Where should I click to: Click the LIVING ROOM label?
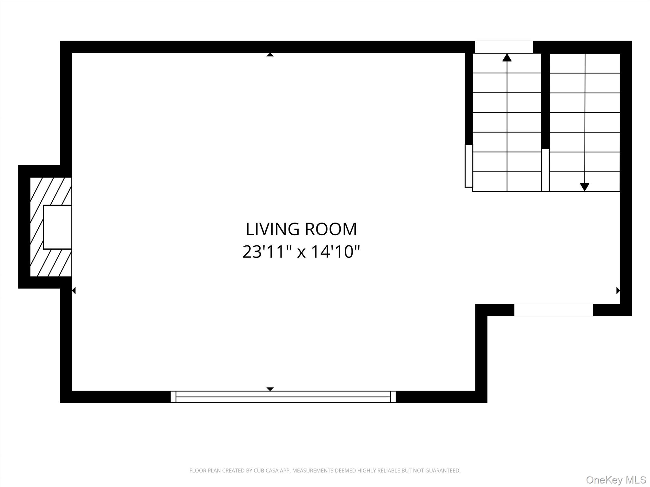coord(301,229)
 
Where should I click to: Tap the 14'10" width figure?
coord(335,252)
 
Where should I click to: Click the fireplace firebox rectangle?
coord(57,227)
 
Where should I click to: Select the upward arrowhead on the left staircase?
coord(507,57)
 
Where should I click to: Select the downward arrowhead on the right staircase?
coord(585,187)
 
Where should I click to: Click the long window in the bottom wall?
coord(283,397)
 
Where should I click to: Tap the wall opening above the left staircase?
coord(504,47)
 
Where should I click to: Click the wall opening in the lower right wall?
coord(554,310)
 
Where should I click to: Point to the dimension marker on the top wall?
coord(270,55)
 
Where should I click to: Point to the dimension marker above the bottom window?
coord(270,389)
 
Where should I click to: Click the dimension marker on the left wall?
coord(74,290)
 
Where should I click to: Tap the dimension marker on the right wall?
coord(618,290)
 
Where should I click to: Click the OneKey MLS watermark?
coord(616,480)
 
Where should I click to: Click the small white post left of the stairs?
coord(469,166)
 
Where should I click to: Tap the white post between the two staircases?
coord(545,170)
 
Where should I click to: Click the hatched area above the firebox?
coord(51,191)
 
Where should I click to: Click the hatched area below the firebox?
coord(51,263)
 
